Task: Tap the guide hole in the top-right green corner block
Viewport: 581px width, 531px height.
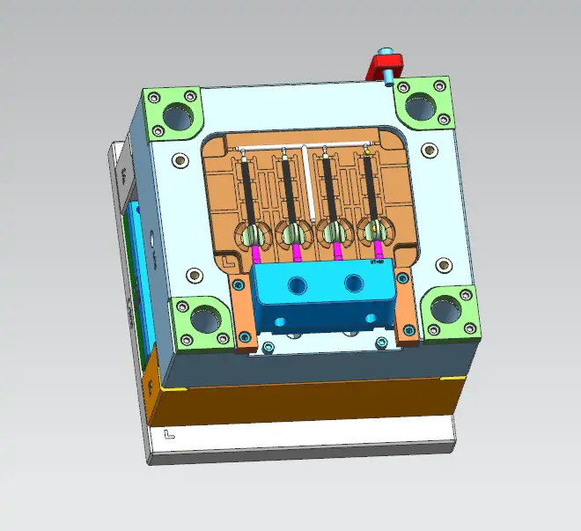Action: (421, 104)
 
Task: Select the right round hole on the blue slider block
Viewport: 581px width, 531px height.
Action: (355, 283)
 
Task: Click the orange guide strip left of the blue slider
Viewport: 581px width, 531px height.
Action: (241, 313)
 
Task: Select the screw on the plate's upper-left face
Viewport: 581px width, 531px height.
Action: (181, 161)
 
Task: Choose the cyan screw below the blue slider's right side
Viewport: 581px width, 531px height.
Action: (381, 342)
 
